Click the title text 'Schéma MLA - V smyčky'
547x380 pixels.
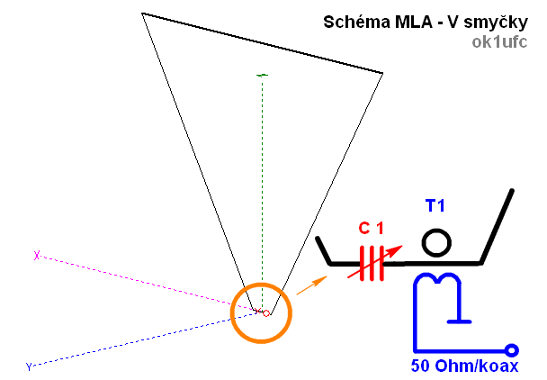[x=425, y=23]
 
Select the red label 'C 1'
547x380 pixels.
[x=372, y=228]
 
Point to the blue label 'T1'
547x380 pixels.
[x=435, y=207]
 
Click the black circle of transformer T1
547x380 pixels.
[x=437, y=242]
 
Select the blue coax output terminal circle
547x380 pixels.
[x=512, y=349]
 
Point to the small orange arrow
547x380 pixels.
[x=311, y=286]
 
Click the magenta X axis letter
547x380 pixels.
[x=37, y=256]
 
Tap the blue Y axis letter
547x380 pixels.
[x=29, y=366]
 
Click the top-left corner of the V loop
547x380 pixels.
[x=143, y=14]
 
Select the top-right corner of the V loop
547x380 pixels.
[x=382, y=73]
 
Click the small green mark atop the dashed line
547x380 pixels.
[x=263, y=75]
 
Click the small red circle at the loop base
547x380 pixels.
[x=266, y=313]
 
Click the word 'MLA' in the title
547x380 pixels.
[x=397, y=23]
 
